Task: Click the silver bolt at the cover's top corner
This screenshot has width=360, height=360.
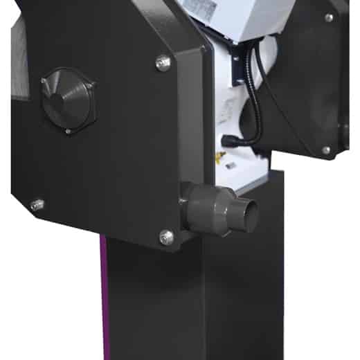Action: point(163,62)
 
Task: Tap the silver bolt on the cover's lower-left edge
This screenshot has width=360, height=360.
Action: point(37,205)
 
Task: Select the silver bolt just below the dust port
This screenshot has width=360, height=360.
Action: point(166,237)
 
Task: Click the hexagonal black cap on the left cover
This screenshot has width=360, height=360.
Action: point(67,100)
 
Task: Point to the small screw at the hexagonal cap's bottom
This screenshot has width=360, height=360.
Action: point(67,130)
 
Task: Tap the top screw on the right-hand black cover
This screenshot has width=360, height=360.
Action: point(329,17)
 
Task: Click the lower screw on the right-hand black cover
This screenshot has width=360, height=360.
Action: point(326,150)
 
